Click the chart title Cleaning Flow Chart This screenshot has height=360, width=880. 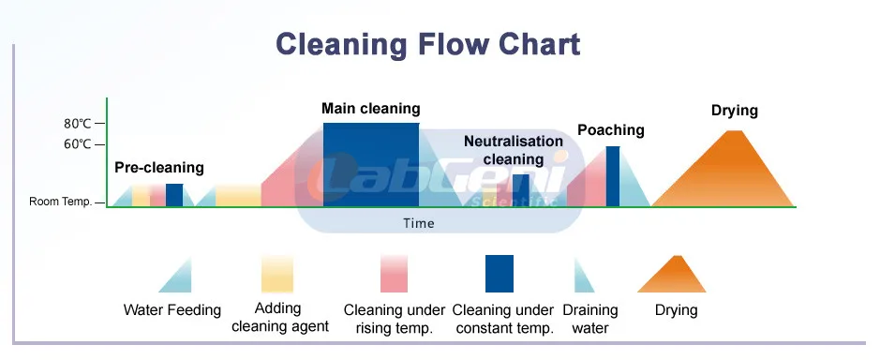tap(427, 44)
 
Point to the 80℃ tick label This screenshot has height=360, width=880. tap(77, 124)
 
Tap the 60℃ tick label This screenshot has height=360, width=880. tap(77, 144)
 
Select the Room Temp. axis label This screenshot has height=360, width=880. tap(60, 202)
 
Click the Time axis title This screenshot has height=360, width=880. tap(419, 223)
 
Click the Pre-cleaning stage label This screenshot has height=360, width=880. tap(158, 168)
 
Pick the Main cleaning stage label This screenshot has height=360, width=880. tap(370, 109)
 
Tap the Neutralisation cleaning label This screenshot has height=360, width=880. tap(514, 150)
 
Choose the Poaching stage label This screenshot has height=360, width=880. tap(610, 130)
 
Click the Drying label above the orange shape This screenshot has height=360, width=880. tap(734, 111)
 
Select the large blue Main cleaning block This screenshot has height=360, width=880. tap(371, 164)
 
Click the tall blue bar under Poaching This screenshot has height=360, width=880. tap(612, 176)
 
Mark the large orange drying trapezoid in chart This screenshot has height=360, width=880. tap(723, 173)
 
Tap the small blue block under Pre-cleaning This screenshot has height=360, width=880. tap(174, 195)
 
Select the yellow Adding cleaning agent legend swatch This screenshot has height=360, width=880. tap(277, 274)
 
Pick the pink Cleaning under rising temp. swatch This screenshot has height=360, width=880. tap(393, 274)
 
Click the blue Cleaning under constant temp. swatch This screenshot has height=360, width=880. tap(499, 274)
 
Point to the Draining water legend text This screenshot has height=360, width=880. tap(589, 319)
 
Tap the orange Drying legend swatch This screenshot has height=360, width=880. tap(673, 275)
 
